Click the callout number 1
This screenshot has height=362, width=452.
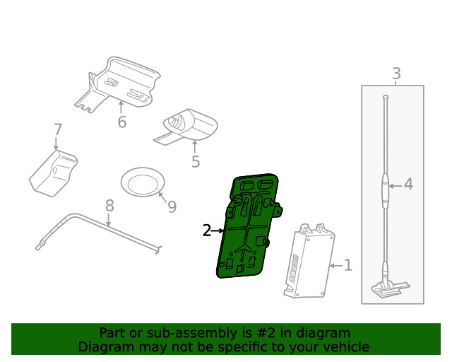click(347, 265)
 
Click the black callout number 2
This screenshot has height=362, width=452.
click(206, 230)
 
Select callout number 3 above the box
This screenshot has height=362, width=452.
click(396, 73)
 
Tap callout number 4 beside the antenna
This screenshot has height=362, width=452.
click(408, 185)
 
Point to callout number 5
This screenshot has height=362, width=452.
click(196, 162)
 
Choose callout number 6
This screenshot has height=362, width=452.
click(121, 122)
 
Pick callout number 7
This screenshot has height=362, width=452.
click(58, 130)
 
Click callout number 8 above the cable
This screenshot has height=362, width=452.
click(109, 206)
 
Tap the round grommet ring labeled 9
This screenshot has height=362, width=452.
click(142, 182)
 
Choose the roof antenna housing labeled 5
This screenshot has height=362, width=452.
click(189, 125)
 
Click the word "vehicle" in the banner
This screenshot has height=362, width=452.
click(345, 346)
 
